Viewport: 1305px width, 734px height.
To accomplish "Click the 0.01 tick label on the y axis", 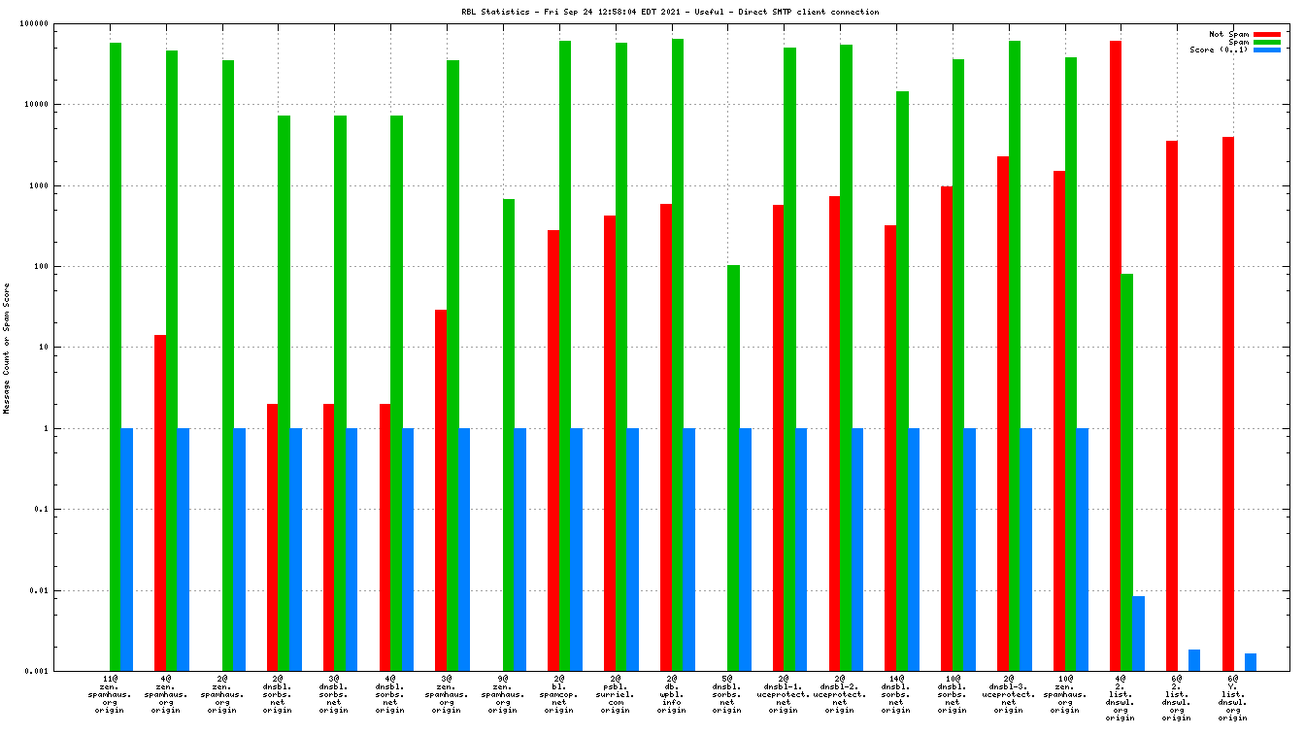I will click(66, 590).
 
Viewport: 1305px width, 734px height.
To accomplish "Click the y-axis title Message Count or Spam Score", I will click(7, 348).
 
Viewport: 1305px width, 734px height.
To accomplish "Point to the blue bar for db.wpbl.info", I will click(688, 550).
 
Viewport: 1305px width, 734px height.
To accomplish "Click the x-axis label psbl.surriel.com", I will click(615, 694).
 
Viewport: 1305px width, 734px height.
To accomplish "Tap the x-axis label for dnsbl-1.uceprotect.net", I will click(784, 694).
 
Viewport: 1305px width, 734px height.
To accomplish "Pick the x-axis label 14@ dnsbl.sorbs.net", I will click(895, 694).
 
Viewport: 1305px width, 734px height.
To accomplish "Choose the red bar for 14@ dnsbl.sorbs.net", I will click(890, 448).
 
